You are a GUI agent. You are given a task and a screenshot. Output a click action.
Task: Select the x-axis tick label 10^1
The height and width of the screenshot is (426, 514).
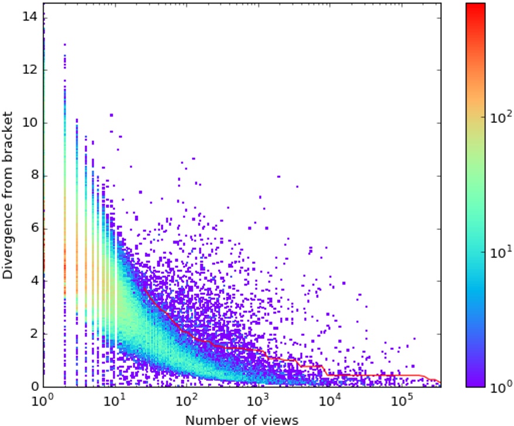tap(115, 400)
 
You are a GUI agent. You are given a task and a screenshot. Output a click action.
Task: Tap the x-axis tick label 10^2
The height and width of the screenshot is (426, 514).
tap(186, 400)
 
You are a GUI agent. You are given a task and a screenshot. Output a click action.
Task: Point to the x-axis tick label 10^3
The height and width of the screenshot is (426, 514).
tap(258, 400)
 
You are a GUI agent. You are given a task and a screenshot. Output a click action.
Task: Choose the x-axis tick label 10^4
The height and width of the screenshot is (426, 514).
tap(330, 400)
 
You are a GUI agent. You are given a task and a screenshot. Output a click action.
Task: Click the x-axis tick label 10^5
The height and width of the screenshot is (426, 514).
tap(401, 400)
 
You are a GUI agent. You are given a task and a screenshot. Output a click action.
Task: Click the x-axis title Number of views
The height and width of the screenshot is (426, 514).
tap(241, 418)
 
